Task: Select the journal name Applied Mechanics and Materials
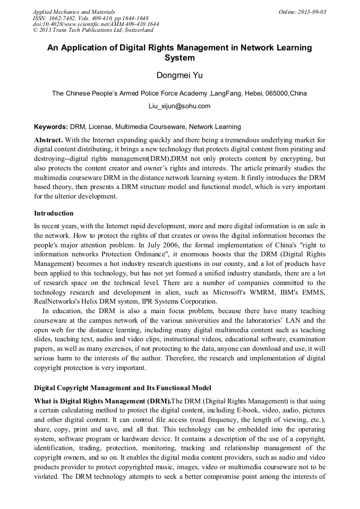coord(74,12)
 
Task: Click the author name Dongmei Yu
coord(179,75)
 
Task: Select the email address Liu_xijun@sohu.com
coord(179,106)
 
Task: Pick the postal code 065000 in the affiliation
coord(277,93)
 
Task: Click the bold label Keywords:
coord(51,127)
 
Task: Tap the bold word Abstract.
coord(48,140)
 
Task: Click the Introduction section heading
coord(54,213)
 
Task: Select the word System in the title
coord(179,58)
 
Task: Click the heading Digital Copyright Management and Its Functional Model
coord(122,387)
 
